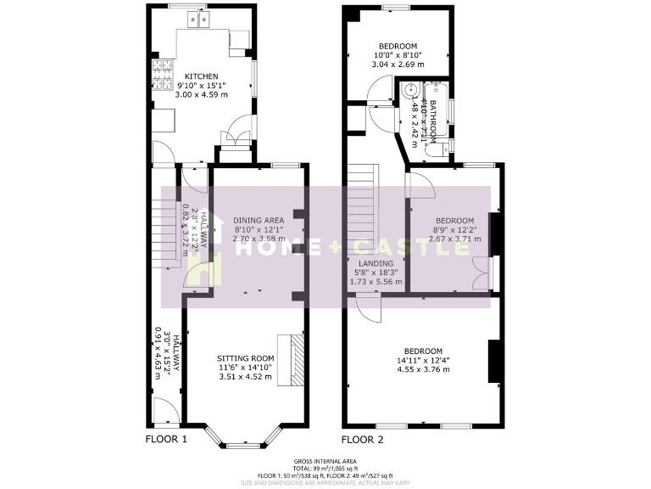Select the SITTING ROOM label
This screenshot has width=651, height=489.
[x=246, y=358]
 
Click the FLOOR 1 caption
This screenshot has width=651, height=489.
[x=165, y=439]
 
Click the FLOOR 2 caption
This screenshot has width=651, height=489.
[x=363, y=439]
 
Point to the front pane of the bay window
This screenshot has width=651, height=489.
[x=245, y=443]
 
